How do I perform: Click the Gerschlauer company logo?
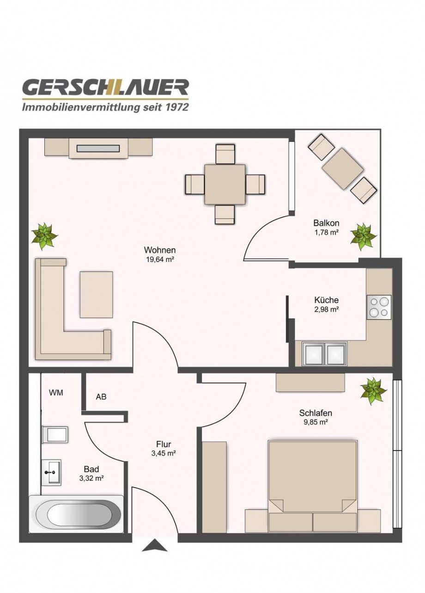(x=105, y=95)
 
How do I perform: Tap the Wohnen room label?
(x=159, y=250)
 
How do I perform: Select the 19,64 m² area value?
(x=159, y=259)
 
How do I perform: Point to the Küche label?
(x=326, y=300)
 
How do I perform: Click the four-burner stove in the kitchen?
(x=379, y=307)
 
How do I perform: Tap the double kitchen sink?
(x=324, y=354)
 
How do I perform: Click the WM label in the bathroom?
(x=56, y=393)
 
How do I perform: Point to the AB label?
(x=101, y=397)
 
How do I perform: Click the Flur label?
(x=164, y=445)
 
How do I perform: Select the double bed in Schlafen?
(x=313, y=486)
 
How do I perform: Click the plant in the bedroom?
(x=373, y=390)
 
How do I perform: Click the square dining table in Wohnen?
(x=225, y=184)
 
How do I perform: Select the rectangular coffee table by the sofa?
(x=96, y=295)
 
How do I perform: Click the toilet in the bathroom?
(x=55, y=434)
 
